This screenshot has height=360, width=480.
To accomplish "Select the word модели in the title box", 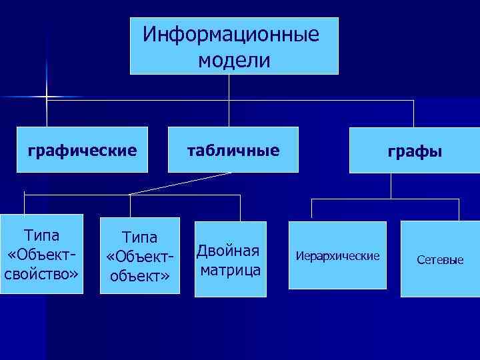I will click(x=234, y=61).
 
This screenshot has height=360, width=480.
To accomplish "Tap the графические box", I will click(x=81, y=151).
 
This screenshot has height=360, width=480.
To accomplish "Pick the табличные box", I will click(x=232, y=151).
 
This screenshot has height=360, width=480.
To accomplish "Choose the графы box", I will click(x=415, y=153).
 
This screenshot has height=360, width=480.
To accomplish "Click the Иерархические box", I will click(x=337, y=256).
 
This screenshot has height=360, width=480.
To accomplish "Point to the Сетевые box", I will click(x=439, y=259).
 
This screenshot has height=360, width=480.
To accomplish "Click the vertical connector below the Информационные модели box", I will click(x=230, y=87).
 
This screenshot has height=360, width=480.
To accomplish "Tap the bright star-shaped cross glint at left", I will click(x=47, y=97).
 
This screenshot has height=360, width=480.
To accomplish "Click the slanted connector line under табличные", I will click(x=180, y=183).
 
